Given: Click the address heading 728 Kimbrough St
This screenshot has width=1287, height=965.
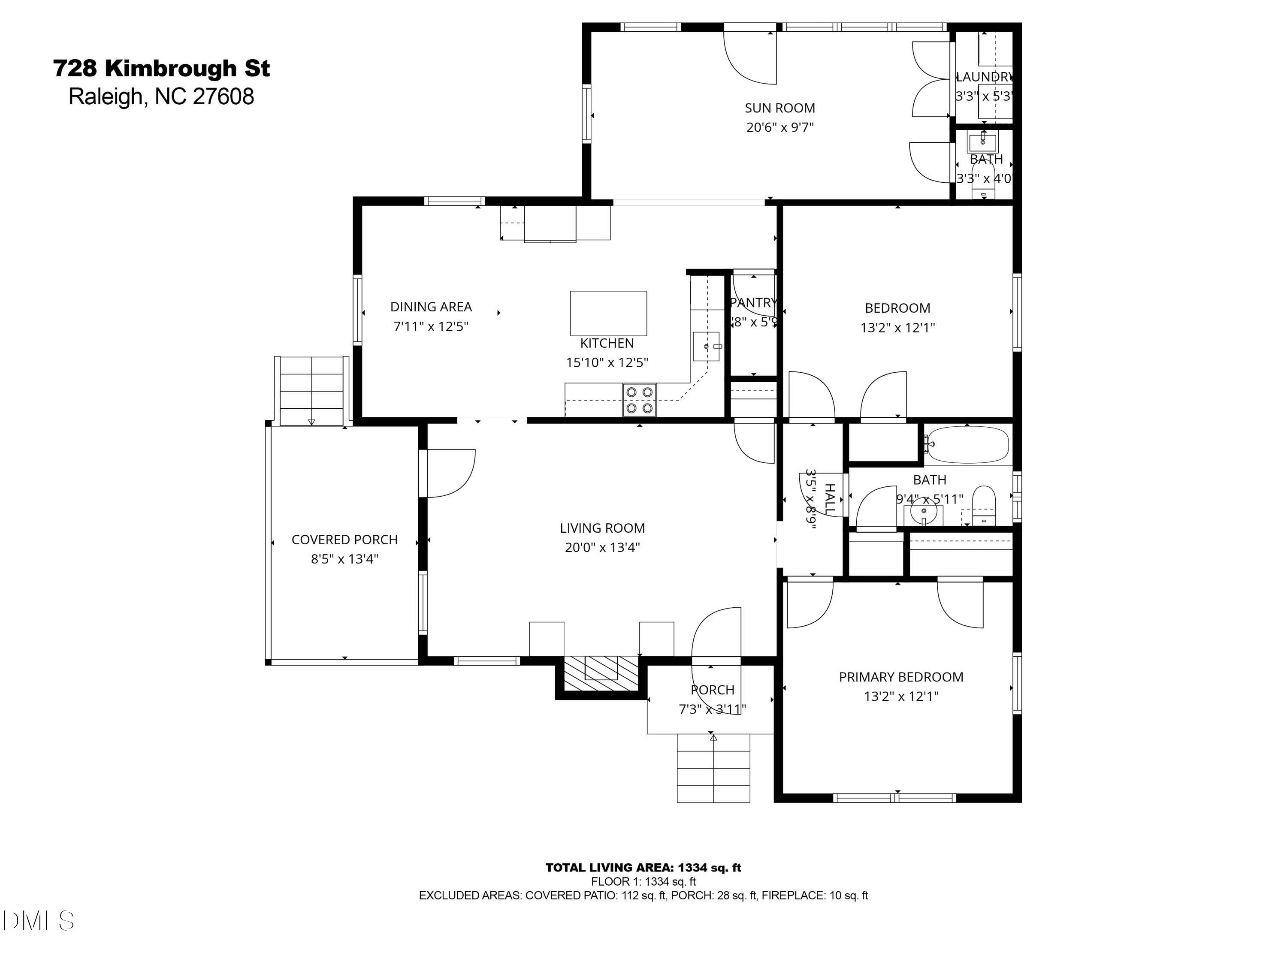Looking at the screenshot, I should coord(161,69).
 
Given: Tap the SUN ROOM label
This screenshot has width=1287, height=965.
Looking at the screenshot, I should coord(779,108).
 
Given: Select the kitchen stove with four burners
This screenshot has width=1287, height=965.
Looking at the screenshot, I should coord(639,400).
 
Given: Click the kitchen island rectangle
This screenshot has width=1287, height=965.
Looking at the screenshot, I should coord(608,313).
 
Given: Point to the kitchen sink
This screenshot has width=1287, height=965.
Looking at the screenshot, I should coord(706,347).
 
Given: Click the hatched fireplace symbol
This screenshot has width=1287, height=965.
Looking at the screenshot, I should coord(601,674).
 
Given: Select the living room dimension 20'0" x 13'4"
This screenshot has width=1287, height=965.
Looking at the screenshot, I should coord(602,547).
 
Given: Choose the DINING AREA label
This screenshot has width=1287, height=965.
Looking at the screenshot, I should coord(431,307).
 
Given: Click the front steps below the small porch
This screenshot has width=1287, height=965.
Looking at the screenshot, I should coord(713,769).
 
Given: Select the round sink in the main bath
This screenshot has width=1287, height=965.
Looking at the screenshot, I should coord(923,512).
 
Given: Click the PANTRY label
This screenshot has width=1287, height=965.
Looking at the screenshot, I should coord(753,302).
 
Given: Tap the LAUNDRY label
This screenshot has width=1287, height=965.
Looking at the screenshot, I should coord(985,77).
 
